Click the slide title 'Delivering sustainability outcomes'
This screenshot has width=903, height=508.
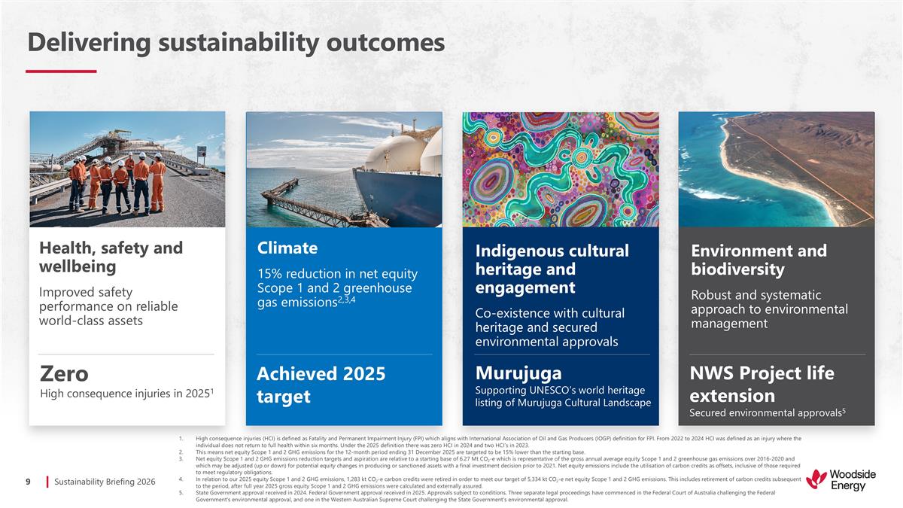point(235,43)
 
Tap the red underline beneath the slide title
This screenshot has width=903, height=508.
point(61,71)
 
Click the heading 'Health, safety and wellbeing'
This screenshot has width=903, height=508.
point(111,257)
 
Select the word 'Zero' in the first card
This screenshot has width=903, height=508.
point(64,373)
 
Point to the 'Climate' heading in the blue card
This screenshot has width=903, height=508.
point(287,248)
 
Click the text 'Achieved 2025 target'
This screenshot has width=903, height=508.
point(321,385)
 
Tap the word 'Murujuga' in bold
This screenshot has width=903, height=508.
point(518,373)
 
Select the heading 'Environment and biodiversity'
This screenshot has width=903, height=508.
point(759,260)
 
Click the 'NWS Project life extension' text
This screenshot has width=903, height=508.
point(762,385)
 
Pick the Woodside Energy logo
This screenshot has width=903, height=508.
point(836,479)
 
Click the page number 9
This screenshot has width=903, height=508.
point(28,481)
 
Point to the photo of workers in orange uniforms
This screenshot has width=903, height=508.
point(126,169)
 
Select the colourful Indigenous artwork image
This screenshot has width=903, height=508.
point(560,169)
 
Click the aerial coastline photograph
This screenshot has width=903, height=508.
point(776,169)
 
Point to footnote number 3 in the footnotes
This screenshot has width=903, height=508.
point(182,458)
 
